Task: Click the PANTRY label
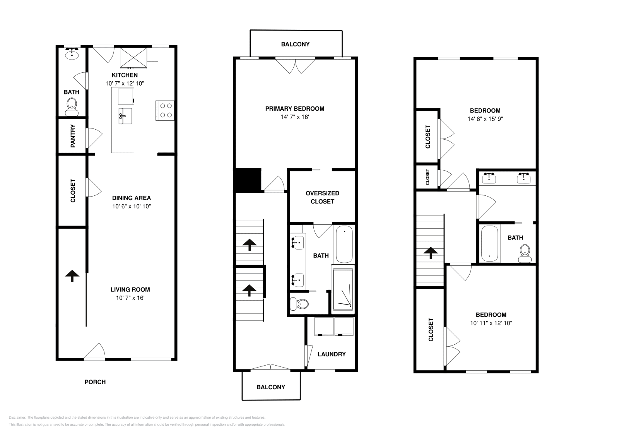point(73,136)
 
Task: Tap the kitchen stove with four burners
point(166,110)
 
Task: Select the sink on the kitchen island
point(125,116)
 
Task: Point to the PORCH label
point(95,382)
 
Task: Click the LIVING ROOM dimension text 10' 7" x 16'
point(130,298)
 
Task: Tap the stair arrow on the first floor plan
point(72,275)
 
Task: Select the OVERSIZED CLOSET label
point(322,197)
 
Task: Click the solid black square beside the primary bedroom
point(248,180)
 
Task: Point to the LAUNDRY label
point(332,354)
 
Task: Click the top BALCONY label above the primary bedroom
point(295,44)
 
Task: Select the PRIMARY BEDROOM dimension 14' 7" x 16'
point(295,117)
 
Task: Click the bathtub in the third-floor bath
point(489,244)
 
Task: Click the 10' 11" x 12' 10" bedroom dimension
point(491,323)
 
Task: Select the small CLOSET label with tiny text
point(427,177)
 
